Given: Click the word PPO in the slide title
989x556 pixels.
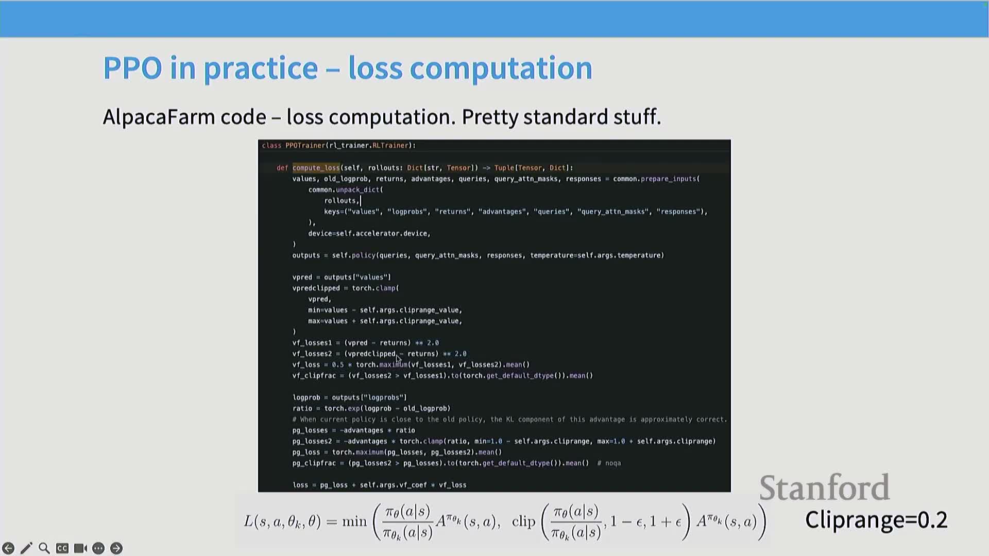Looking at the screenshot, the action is click(133, 68).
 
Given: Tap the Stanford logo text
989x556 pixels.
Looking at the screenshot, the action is click(824, 488).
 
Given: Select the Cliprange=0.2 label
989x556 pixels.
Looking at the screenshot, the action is click(876, 520).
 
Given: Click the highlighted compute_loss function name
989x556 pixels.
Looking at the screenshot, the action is click(316, 168).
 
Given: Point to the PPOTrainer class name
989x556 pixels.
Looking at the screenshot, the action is click(305, 146).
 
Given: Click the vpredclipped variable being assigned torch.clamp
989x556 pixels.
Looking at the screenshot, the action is click(316, 288).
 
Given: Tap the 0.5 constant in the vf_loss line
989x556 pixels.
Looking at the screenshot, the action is click(337, 364).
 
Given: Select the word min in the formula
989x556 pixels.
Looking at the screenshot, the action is click(354, 522).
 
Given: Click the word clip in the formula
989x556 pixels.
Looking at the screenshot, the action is click(524, 522).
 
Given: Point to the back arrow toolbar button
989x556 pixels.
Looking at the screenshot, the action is click(8, 548).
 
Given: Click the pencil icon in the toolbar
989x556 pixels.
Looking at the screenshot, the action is click(26, 548).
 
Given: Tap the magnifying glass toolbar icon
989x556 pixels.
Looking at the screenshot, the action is click(44, 548).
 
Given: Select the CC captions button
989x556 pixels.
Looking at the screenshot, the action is click(62, 548).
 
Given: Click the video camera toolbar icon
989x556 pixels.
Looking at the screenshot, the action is click(80, 548).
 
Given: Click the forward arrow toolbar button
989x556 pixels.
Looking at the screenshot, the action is click(116, 548).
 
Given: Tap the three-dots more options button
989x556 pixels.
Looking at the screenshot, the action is click(98, 548).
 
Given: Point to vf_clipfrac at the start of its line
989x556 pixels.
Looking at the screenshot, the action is click(314, 376).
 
